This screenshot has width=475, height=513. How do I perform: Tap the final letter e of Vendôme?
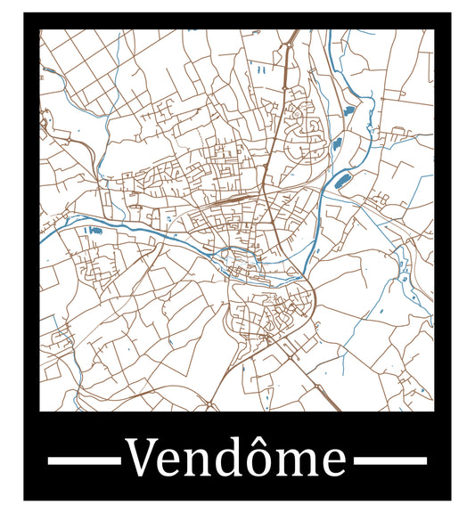pyautogui.click(x=332, y=463)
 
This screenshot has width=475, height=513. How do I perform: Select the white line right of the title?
pyautogui.click(x=390, y=460)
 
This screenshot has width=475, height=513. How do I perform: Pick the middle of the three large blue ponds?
pyautogui.click(x=337, y=144)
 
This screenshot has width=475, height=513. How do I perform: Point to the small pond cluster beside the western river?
pyautogui.click(x=93, y=231)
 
